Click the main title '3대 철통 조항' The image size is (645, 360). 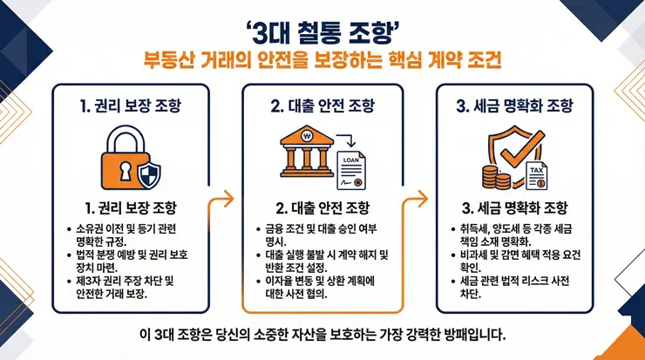pos(322,33)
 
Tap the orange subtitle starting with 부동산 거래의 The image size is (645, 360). pos(322,62)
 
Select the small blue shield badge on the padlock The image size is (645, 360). pos(150,177)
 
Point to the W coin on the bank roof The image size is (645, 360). pos(307,138)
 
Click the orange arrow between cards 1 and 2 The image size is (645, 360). pos(225,197)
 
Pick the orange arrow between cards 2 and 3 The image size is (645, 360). pos(419,197)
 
